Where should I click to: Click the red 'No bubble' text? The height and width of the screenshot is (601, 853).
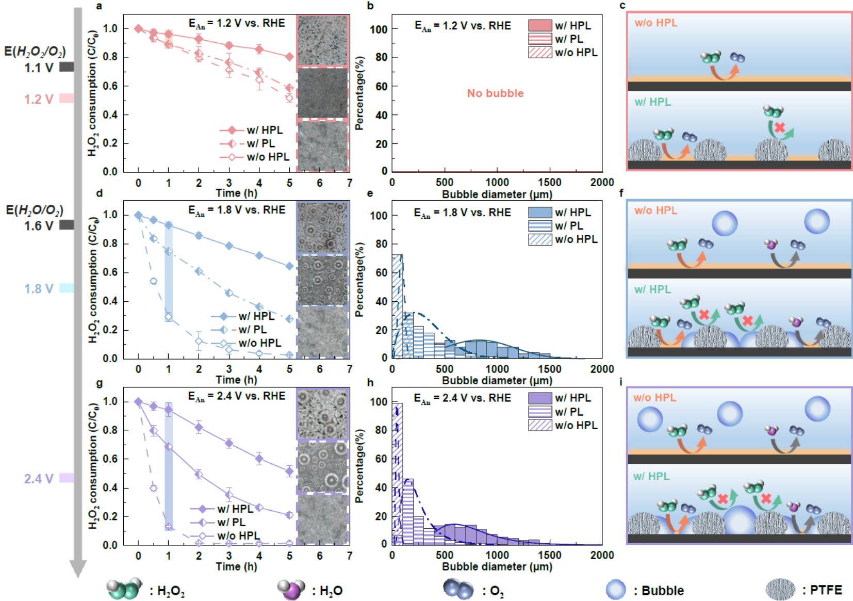click(x=495, y=93)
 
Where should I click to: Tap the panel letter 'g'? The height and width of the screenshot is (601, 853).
click(x=99, y=383)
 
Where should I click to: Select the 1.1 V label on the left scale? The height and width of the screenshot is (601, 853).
click(x=39, y=68)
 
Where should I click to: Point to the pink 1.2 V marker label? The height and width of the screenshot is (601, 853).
click(x=39, y=99)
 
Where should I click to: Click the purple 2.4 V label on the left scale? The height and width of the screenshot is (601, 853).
click(x=39, y=479)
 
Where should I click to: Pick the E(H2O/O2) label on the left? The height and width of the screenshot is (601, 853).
click(x=35, y=210)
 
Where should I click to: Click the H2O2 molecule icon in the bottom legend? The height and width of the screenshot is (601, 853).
click(x=124, y=589)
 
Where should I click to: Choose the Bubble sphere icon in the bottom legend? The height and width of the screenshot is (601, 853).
click(x=615, y=590)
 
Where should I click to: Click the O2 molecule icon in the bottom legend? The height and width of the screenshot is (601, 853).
click(x=458, y=589)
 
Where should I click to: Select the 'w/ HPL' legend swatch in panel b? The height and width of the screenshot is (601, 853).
click(x=540, y=25)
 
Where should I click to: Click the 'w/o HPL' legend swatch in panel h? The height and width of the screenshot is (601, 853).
click(x=540, y=426)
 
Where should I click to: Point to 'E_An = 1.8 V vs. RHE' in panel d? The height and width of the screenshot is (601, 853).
click(x=237, y=210)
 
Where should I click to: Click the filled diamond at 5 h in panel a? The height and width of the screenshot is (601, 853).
click(x=290, y=57)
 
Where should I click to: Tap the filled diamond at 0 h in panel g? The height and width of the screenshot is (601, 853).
click(x=138, y=401)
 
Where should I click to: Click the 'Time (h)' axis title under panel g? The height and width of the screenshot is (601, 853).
click(x=236, y=566)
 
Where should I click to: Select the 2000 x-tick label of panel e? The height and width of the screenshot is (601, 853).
click(x=602, y=369)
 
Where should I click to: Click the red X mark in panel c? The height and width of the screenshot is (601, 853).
click(x=779, y=127)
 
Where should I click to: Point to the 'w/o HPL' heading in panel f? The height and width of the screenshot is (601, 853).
click(x=655, y=210)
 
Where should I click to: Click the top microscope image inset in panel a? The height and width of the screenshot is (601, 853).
click(x=323, y=40)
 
